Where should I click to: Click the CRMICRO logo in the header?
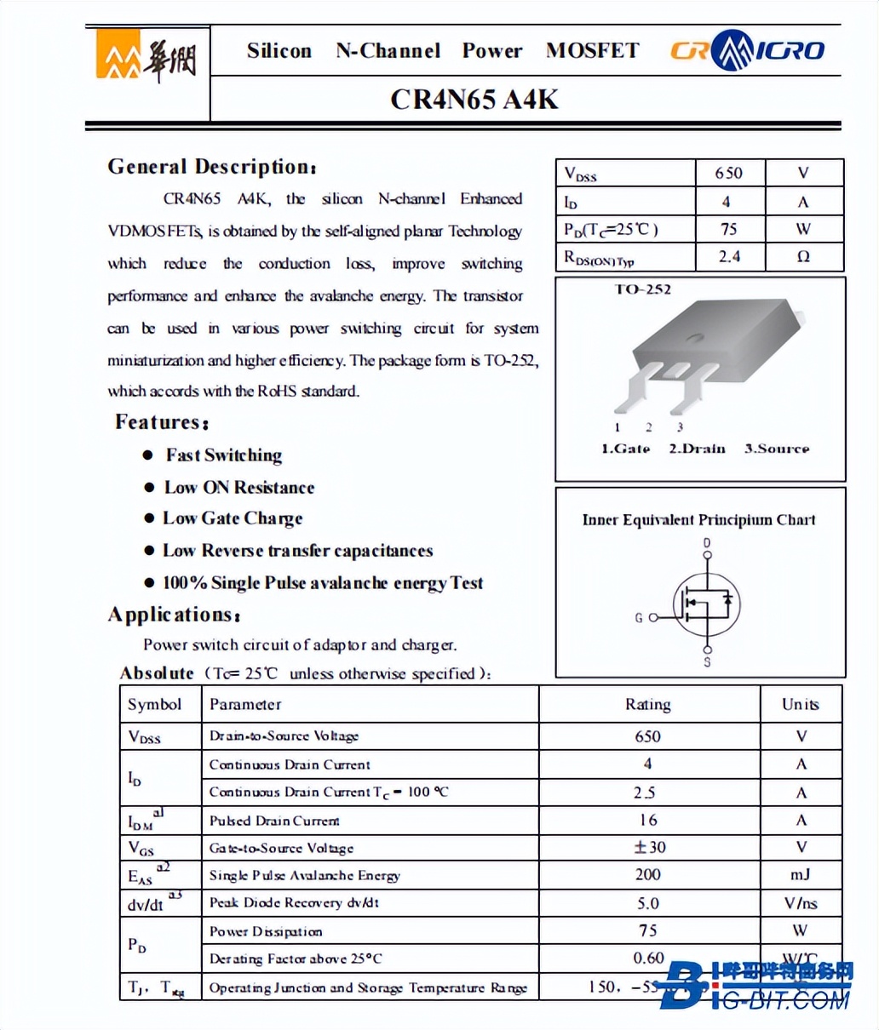click(x=747, y=51)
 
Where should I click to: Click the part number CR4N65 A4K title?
click(x=474, y=100)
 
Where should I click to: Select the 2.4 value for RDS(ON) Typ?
click(x=730, y=256)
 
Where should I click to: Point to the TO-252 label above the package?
click(x=643, y=289)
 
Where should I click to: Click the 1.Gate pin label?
click(x=625, y=449)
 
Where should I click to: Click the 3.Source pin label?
click(x=776, y=449)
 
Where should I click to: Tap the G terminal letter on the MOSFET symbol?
click(x=639, y=617)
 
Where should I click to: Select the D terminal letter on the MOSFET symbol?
click(x=706, y=543)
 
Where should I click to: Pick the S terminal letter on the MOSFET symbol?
click(x=707, y=661)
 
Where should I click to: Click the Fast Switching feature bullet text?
click(x=224, y=455)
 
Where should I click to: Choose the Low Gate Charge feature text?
click(x=233, y=518)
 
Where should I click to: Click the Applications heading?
click(x=174, y=615)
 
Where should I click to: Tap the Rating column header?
click(x=648, y=705)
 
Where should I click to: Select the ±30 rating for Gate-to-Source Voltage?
click(x=648, y=847)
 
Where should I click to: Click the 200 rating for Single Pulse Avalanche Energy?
click(x=648, y=874)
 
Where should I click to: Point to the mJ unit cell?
click(x=800, y=874)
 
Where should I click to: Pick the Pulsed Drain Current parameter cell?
click(x=274, y=821)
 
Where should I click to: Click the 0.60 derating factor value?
click(x=648, y=958)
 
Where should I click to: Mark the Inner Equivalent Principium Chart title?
click(x=698, y=519)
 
